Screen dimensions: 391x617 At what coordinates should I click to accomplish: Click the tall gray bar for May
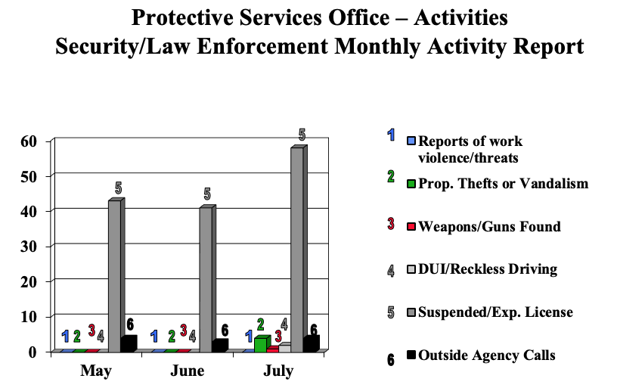tap(114, 276)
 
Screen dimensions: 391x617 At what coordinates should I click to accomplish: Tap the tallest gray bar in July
tap(296, 250)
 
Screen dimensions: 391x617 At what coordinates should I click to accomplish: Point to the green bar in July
tap(260, 344)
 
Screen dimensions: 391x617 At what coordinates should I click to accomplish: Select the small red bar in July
tap(272, 349)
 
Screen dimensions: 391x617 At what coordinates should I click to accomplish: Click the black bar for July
tap(309, 344)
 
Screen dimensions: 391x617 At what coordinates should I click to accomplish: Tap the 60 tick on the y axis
tap(29, 141)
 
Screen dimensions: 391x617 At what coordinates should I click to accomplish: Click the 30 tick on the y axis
tap(29, 247)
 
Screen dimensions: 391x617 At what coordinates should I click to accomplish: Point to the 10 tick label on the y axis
tap(29, 317)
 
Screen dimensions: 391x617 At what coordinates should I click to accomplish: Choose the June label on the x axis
tap(188, 371)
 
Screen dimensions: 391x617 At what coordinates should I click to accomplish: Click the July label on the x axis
tap(277, 371)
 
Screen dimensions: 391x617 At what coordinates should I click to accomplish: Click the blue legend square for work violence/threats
tap(412, 141)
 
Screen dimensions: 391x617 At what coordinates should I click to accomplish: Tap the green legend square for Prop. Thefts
tap(412, 183)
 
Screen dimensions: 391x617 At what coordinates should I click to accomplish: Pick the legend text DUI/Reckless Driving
tap(488, 269)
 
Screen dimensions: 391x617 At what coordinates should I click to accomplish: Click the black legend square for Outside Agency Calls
tap(412, 355)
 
